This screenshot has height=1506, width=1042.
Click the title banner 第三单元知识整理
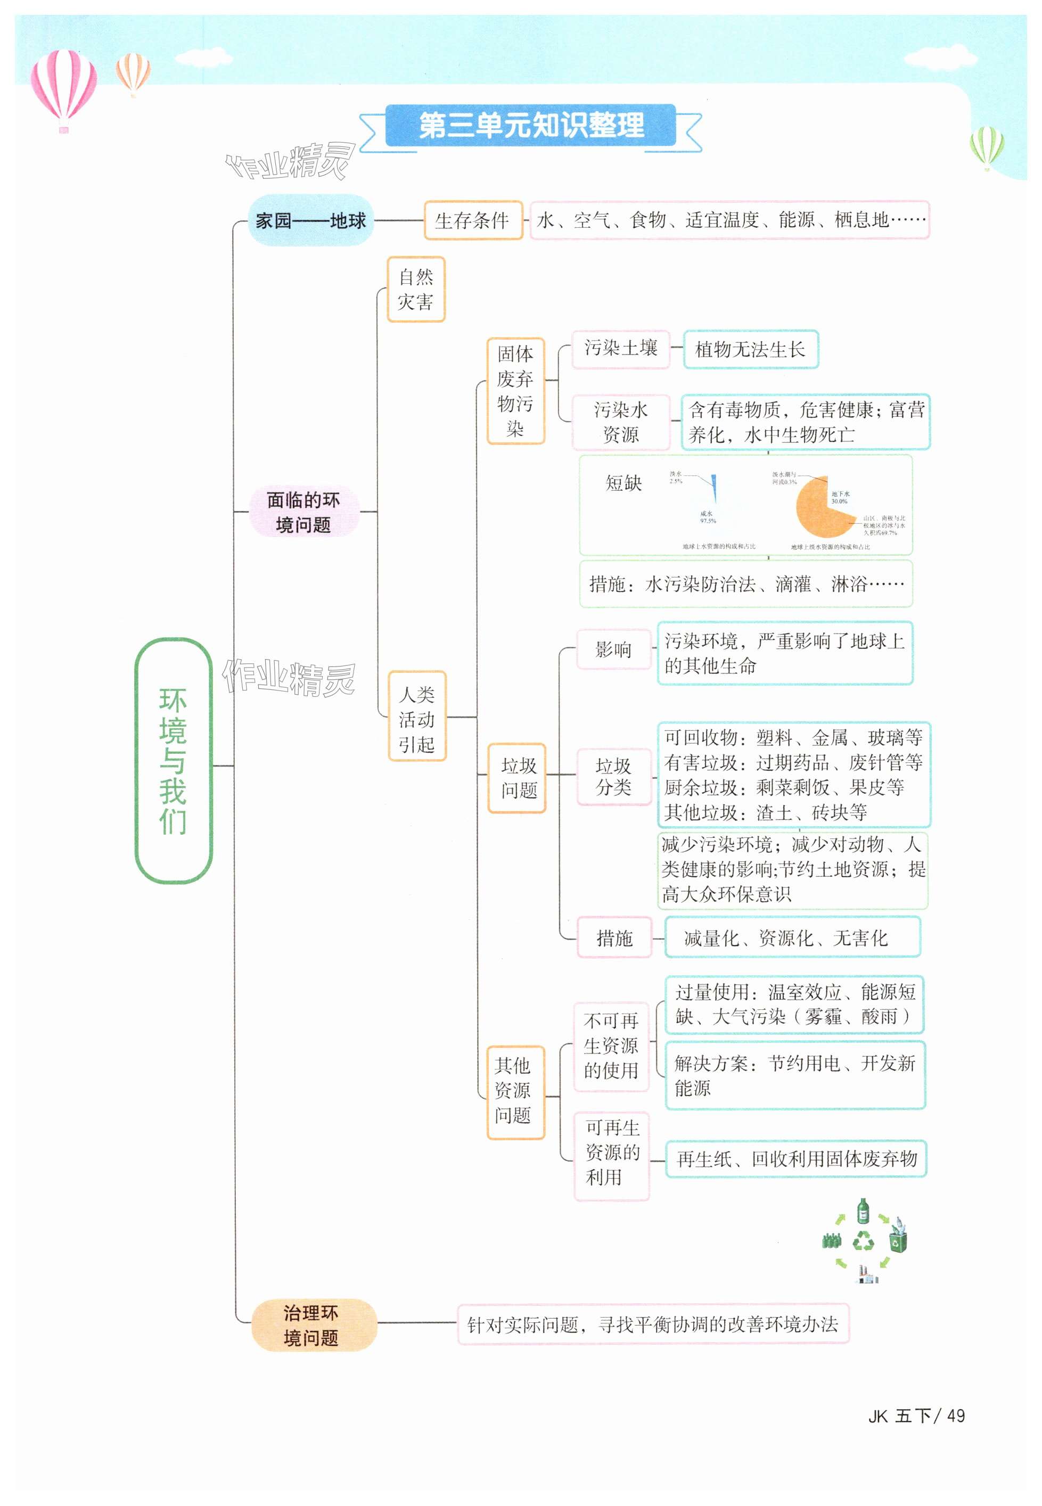tap(531, 125)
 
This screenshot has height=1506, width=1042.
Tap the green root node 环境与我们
tap(173, 761)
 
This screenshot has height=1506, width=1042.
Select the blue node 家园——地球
tap(311, 220)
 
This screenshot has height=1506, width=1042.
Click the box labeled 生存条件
tap(473, 220)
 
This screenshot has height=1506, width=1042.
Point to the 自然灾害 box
tap(416, 289)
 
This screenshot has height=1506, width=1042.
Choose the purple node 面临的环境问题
tap(303, 512)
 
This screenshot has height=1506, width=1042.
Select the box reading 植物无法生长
tap(750, 350)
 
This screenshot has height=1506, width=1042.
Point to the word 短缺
tap(623, 483)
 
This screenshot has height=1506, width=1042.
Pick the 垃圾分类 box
tap(614, 776)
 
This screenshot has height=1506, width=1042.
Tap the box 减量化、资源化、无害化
tap(792, 938)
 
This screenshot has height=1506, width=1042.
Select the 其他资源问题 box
tap(514, 1091)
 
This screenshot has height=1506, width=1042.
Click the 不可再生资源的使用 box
tap(611, 1046)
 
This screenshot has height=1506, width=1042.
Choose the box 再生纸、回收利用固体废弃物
tap(796, 1159)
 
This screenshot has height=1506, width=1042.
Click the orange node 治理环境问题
tap(312, 1324)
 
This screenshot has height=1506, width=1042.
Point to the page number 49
tap(956, 1416)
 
